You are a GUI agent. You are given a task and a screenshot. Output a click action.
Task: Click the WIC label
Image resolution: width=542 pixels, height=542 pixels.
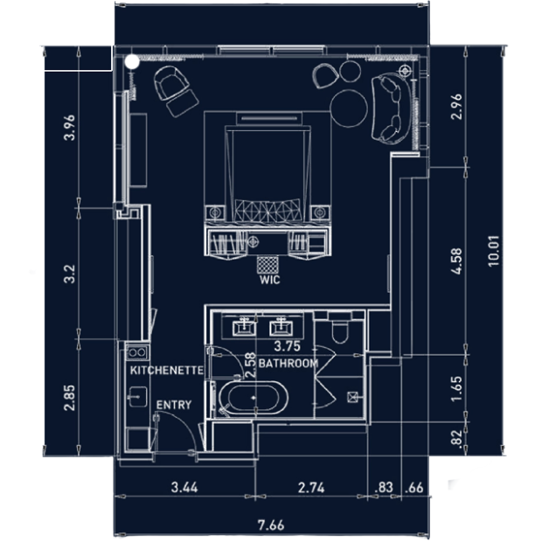[x=269, y=279]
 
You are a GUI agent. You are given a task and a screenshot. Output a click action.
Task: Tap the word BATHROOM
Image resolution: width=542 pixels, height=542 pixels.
[x=288, y=364]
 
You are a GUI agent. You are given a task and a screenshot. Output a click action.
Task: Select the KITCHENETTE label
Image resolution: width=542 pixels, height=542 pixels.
[x=167, y=371]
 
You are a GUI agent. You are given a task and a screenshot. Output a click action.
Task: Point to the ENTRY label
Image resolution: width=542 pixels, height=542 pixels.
[x=173, y=405]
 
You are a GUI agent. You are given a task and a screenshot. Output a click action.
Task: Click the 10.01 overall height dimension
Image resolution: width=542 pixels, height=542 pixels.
[x=494, y=251]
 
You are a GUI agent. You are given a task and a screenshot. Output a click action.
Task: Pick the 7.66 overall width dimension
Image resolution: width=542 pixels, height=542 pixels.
[x=271, y=525]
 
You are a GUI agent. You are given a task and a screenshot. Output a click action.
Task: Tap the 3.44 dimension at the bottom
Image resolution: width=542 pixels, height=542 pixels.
[x=184, y=488]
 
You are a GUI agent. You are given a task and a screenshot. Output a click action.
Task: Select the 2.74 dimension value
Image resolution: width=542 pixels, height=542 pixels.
[x=311, y=488]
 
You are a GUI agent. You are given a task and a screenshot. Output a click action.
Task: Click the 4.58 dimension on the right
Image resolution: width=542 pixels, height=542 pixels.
[x=456, y=261]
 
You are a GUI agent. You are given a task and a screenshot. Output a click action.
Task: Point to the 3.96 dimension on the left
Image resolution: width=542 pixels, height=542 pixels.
[x=69, y=128]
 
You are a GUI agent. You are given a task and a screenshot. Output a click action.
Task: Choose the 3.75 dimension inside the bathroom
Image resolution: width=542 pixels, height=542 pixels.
[x=287, y=346]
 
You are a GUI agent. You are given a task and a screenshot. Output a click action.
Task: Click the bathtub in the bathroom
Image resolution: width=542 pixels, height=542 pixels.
[x=253, y=399]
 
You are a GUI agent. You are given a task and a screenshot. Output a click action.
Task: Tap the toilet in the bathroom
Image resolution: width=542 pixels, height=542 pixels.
[x=340, y=330]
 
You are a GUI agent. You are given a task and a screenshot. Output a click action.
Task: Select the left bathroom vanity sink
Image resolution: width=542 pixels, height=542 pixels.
[x=245, y=327]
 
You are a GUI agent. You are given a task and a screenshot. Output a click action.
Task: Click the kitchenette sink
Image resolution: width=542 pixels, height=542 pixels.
[x=138, y=397]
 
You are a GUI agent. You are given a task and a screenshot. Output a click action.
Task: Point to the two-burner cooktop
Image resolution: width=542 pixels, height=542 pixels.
[x=137, y=352]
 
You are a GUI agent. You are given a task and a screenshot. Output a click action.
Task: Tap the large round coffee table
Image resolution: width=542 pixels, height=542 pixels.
[x=349, y=108]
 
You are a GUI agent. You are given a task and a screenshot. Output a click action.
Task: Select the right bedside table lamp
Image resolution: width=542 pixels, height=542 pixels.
[x=319, y=212]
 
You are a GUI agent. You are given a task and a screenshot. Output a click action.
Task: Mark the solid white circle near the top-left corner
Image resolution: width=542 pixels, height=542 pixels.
[x=132, y=62]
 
